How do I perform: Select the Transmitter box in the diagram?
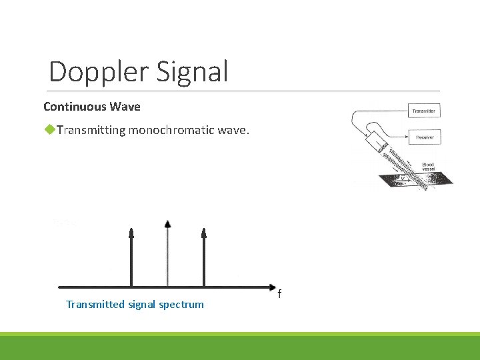point(424,111)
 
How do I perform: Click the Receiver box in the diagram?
point(424,137)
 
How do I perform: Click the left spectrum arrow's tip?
point(131,232)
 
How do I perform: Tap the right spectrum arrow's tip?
point(204,232)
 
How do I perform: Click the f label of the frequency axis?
point(279,293)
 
